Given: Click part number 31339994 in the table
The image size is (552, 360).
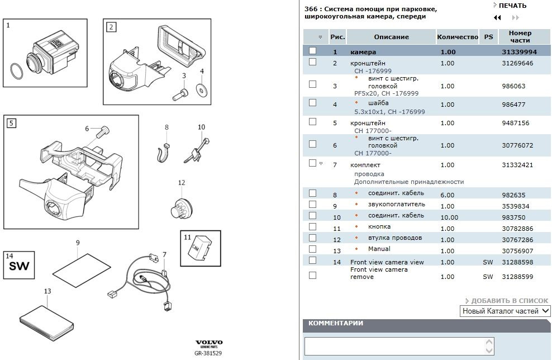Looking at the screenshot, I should click(519, 52).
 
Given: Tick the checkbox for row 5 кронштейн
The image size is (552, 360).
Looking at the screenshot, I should click(312, 122).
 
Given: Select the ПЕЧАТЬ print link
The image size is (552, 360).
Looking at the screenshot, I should click(512, 6).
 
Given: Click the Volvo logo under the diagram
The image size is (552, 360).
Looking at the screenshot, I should click(208, 343).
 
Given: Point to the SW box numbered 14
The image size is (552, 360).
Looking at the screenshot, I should click(19, 266).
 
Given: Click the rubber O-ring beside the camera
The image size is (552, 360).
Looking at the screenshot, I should click(18, 72).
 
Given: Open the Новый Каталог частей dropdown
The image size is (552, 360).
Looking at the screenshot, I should click(506, 311).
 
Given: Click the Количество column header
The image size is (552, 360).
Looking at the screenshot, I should click(457, 37).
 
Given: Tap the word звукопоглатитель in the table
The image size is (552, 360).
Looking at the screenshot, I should click(396, 205).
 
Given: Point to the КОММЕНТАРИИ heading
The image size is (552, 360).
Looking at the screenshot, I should click(336, 323).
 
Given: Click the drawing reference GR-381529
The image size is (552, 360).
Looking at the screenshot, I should click(208, 353).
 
